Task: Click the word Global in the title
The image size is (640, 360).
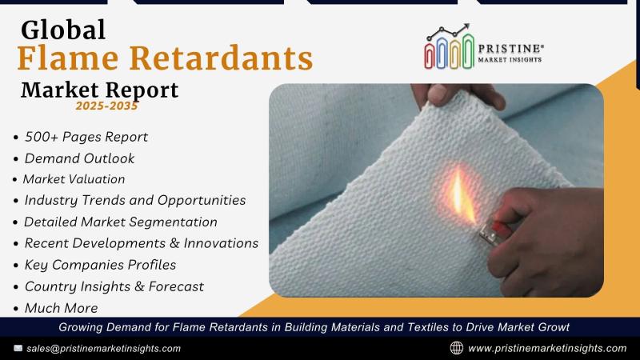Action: [x=63, y=30]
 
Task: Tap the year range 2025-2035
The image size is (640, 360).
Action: [x=106, y=106]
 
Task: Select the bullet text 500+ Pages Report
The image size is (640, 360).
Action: [x=86, y=137]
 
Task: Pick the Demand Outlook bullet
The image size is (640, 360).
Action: [x=79, y=158]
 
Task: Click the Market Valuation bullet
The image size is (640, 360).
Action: [x=74, y=179]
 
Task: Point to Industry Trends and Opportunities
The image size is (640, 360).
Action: [x=135, y=201]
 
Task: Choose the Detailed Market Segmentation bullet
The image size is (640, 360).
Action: [x=121, y=222]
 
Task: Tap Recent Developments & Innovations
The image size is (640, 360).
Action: [x=142, y=243]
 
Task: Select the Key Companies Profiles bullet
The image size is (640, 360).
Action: [x=100, y=265]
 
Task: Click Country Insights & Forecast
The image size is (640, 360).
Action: [x=114, y=286]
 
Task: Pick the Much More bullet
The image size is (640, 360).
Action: [x=62, y=308]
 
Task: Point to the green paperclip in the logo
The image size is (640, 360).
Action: [x=468, y=50]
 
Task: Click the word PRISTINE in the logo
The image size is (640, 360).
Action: [x=510, y=49]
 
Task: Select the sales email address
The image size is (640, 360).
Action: [x=104, y=349]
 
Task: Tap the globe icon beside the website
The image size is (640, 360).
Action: [x=457, y=348]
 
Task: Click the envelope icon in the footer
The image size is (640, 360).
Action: [x=18, y=348]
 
